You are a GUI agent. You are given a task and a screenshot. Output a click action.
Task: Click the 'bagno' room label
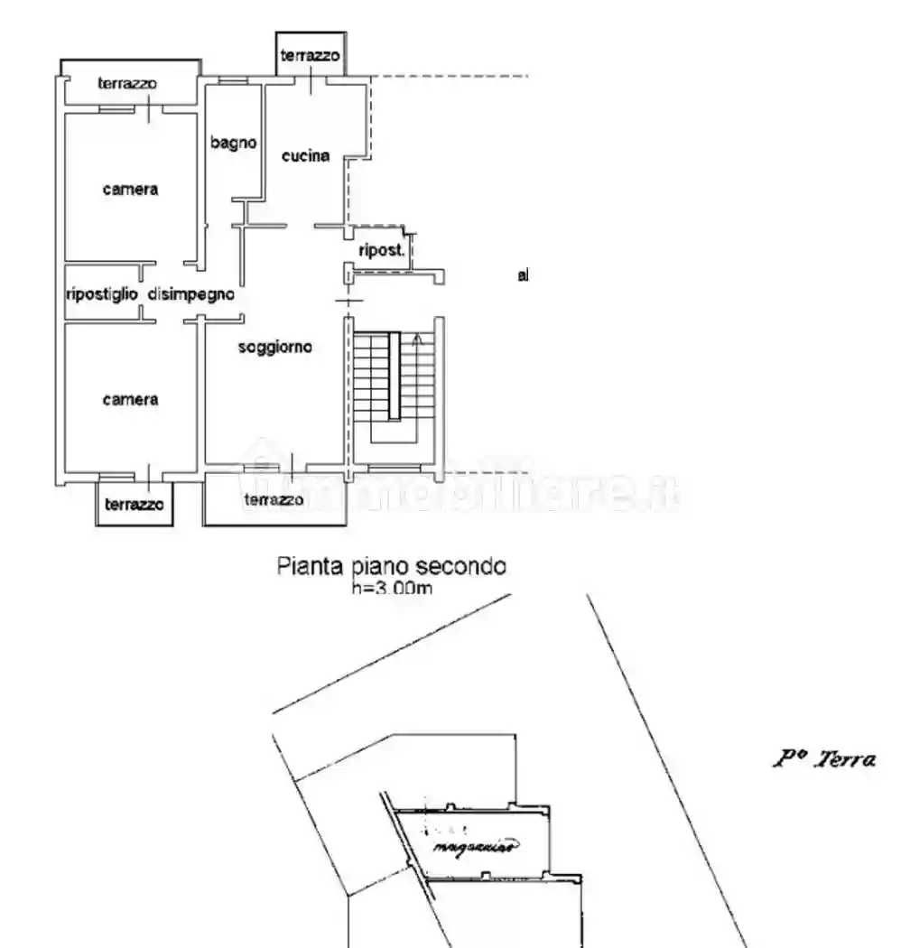coord(234,143)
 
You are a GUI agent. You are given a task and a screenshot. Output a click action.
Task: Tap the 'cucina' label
coord(305,156)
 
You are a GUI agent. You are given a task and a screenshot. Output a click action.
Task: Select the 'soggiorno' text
coord(275,347)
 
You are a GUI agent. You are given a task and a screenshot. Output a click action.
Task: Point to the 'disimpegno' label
coord(191,293)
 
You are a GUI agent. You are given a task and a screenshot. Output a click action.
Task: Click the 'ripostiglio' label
coord(102,293)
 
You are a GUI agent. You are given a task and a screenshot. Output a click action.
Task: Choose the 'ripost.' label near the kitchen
coord(380,252)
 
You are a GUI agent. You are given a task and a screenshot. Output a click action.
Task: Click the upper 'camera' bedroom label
coord(130,190)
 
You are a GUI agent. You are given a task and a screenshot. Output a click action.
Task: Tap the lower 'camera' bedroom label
coord(130,399)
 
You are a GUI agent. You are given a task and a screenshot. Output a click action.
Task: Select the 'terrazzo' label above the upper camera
coord(127,84)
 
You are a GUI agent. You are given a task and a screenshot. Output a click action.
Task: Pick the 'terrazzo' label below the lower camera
coord(134,506)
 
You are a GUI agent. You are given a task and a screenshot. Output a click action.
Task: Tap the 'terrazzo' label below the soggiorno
coord(274,499)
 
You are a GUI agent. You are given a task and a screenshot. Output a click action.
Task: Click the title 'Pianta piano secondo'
coord(391,567)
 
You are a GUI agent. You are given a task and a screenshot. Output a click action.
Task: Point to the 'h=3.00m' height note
coord(391,589)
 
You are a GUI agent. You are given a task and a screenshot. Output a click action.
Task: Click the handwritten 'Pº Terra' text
coord(823,760)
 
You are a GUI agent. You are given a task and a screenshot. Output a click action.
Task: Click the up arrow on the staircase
coord(416,340)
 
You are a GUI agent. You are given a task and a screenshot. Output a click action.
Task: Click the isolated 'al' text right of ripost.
coord(523,275)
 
